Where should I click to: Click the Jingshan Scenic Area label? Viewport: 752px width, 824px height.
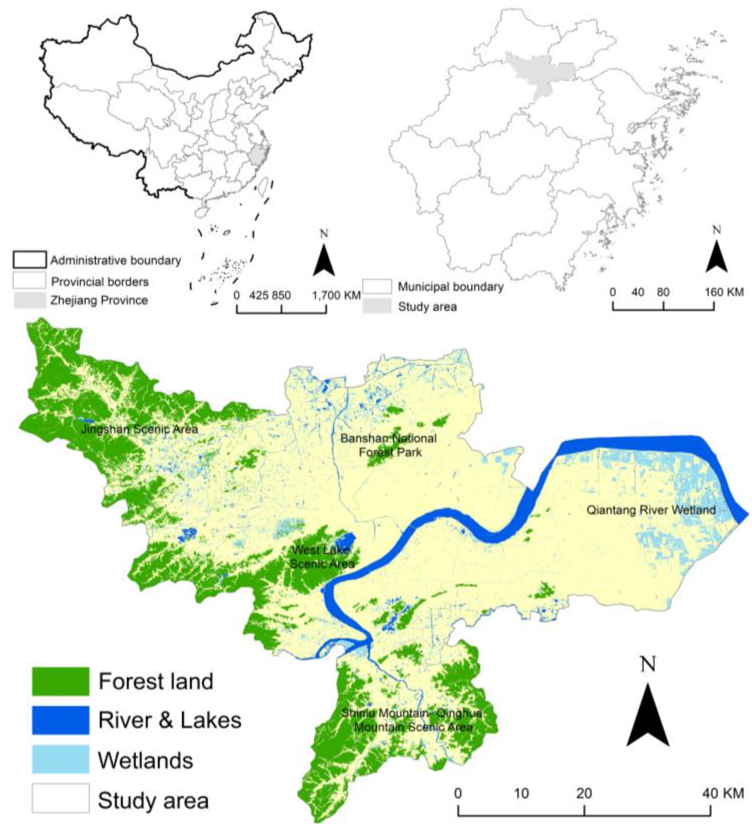point(139,429)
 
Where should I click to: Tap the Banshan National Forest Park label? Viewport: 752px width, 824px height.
point(388,445)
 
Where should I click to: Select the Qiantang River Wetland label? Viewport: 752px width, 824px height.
point(651,510)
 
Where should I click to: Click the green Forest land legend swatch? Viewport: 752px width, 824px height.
point(61,681)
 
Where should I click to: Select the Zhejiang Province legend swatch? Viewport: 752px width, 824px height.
point(29,301)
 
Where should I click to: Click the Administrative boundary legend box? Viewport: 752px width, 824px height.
point(29,260)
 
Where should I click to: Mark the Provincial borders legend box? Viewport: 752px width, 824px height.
point(29,281)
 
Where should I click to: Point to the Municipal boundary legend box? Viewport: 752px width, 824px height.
point(377,287)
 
